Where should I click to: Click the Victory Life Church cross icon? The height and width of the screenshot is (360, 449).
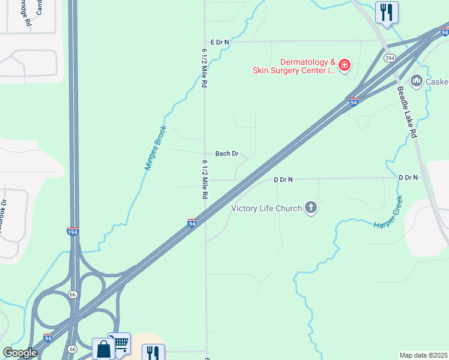pyautogui.click(x=310, y=208)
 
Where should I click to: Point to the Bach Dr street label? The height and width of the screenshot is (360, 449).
pyautogui.click(x=227, y=154)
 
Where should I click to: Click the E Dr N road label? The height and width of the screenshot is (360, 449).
pyautogui.click(x=220, y=42)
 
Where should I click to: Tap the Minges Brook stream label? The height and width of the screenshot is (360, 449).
pyautogui.click(x=155, y=148)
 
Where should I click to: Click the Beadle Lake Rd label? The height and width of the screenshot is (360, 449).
pyautogui.click(x=406, y=112)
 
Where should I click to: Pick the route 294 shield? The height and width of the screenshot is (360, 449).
pyautogui.click(x=390, y=58)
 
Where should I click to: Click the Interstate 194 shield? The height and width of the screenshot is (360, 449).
pyautogui.click(x=72, y=232)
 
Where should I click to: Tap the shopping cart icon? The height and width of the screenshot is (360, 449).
pyautogui.click(x=120, y=343)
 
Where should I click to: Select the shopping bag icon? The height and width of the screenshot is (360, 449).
pyautogui.click(x=103, y=348)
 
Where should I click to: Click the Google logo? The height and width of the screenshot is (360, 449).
pyautogui.click(x=20, y=353)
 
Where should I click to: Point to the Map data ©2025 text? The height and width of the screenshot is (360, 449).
pyautogui.click(x=423, y=355)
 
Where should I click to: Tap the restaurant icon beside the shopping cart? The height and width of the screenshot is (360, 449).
pyautogui.click(x=152, y=353)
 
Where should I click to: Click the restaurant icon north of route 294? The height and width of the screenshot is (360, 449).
pyautogui.click(x=387, y=11)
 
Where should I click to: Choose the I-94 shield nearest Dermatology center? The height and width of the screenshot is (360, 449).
pyautogui.click(x=354, y=102)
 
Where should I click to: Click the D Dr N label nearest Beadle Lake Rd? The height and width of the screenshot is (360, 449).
pyautogui.click(x=408, y=178)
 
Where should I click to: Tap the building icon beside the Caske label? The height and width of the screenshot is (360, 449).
pyautogui.click(x=416, y=80)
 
